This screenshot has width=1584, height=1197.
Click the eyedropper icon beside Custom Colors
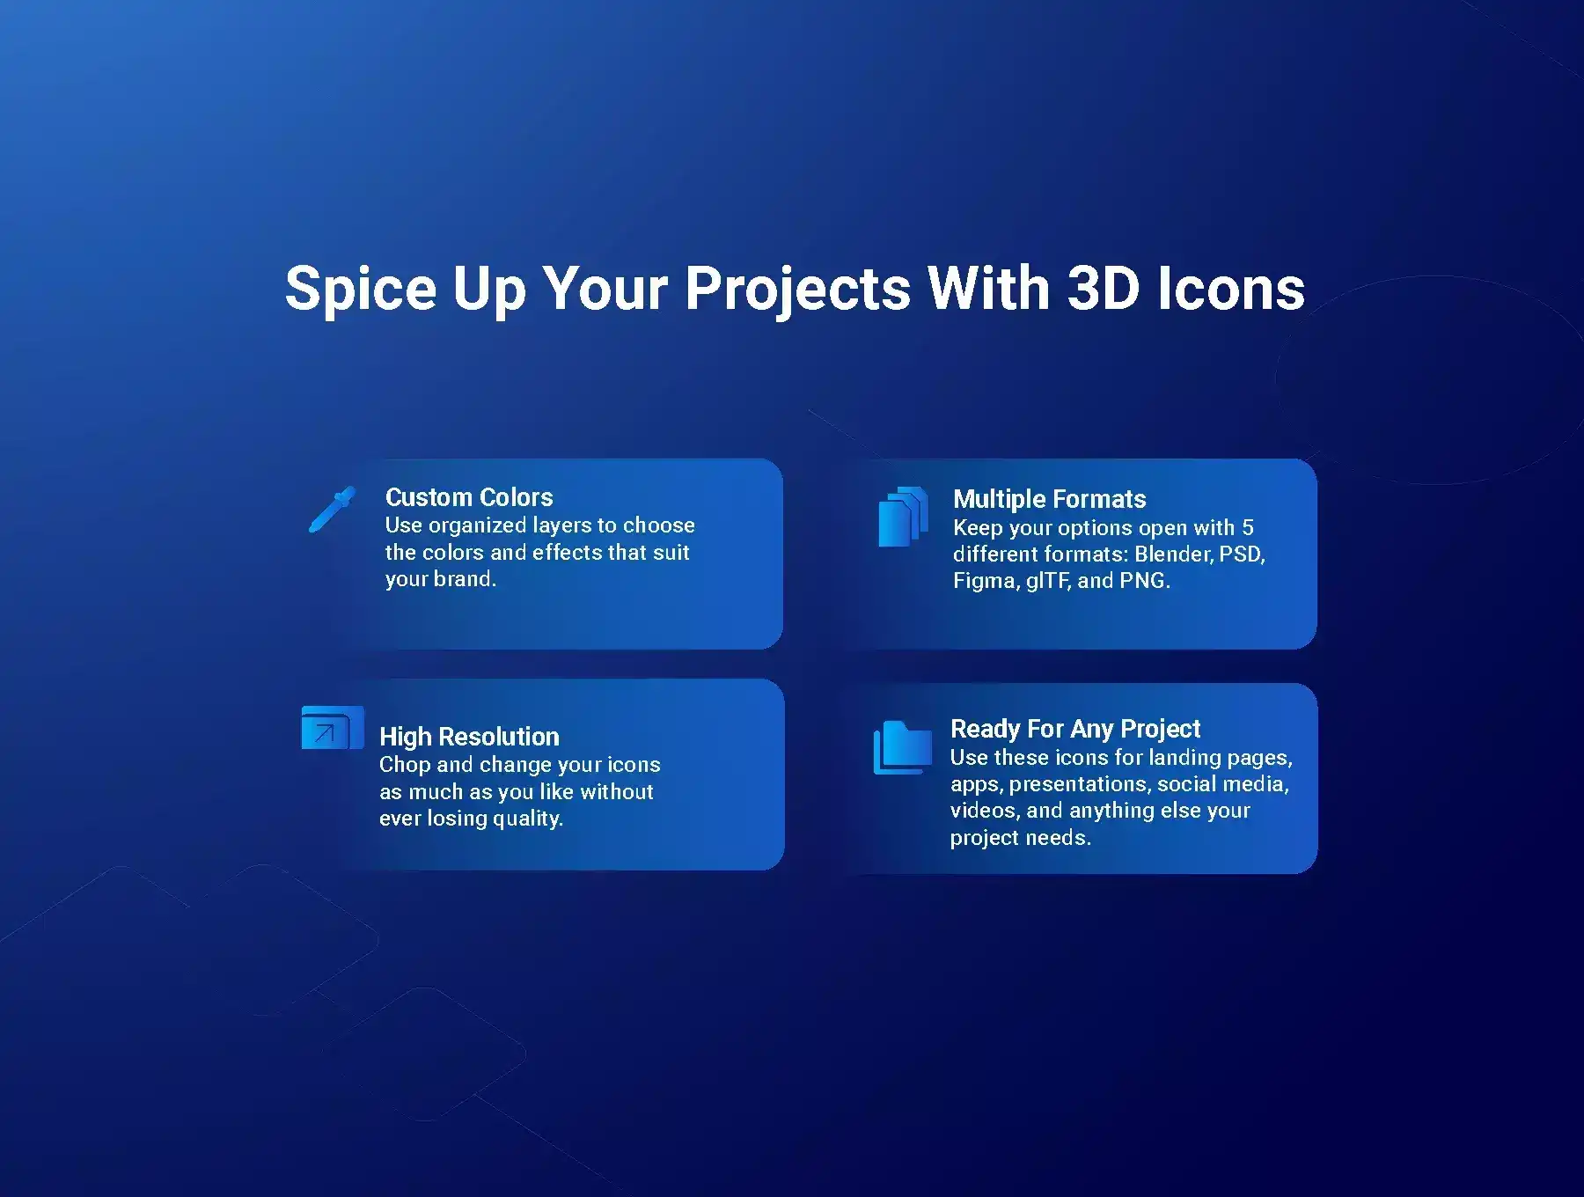pos(332,510)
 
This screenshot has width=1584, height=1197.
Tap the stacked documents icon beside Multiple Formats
pos(904,517)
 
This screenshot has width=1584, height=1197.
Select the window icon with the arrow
pos(333,728)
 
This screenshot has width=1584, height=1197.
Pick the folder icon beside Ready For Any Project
pos(903,747)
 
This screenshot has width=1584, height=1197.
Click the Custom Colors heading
pos(469,497)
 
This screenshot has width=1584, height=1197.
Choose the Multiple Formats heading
pos(1050,499)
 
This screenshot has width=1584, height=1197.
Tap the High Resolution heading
pos(469,737)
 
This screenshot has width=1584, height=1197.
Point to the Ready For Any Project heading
pos(1075,729)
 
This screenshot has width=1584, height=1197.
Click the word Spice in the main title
pos(361,290)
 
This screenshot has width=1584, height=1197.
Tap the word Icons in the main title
pos(1231,288)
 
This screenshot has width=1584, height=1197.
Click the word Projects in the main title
pos(798,290)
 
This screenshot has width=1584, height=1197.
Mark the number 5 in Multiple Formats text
pos(1248,528)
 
